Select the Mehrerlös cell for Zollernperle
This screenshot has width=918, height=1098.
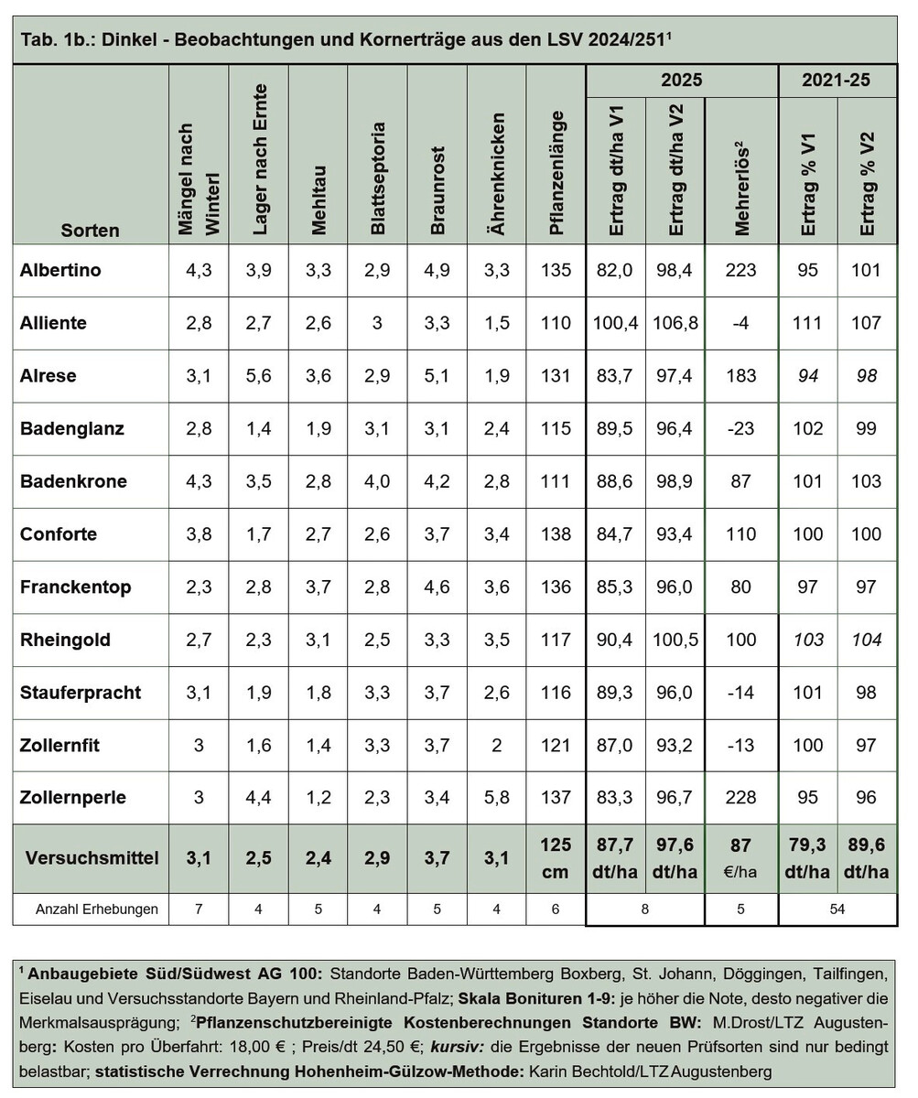click(x=740, y=798)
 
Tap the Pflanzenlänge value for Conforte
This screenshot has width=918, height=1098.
click(x=555, y=534)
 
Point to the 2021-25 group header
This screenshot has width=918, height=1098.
click(x=837, y=81)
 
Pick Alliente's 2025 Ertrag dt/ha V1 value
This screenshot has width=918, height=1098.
click(x=615, y=323)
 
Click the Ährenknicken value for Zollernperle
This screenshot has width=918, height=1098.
click(x=496, y=798)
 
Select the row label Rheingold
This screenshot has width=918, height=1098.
click(x=65, y=640)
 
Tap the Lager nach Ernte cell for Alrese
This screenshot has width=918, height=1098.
click(x=258, y=376)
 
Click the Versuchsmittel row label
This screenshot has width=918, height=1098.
click(x=92, y=858)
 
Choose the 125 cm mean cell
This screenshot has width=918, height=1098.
click(x=555, y=858)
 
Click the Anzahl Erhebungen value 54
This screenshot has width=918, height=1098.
click(x=837, y=909)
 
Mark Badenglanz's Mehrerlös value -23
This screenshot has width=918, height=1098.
click(x=740, y=428)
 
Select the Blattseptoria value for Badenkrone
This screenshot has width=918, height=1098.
click(x=377, y=481)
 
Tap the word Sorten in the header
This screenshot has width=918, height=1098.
click(x=90, y=230)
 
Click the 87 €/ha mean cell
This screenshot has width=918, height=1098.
click(x=740, y=858)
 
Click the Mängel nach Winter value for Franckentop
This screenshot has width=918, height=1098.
click(x=199, y=587)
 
